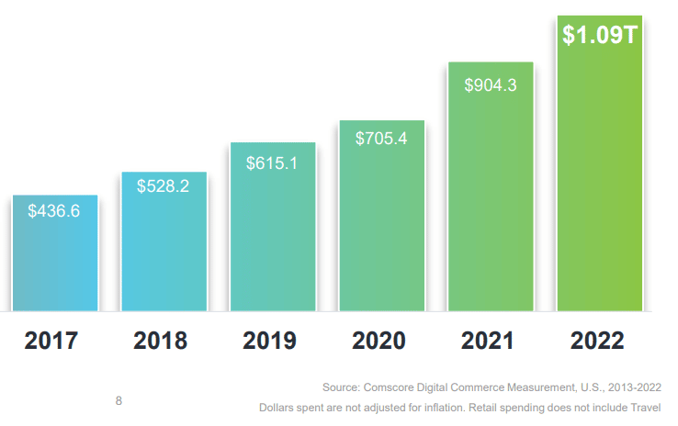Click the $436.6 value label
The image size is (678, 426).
(54, 211)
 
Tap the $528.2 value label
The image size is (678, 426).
(164, 186)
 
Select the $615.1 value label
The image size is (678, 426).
(273, 163)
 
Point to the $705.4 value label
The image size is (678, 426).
(381, 139)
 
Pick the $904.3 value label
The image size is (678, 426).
(491, 85)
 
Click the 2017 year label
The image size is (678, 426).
(51, 342)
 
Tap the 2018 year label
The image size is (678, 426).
(161, 342)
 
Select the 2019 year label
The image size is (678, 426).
(270, 342)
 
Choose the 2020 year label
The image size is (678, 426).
(379, 342)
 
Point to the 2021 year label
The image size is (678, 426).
(488, 342)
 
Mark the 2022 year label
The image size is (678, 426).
(597, 342)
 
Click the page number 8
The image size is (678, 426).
(119, 401)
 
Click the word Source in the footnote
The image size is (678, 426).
(342, 387)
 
